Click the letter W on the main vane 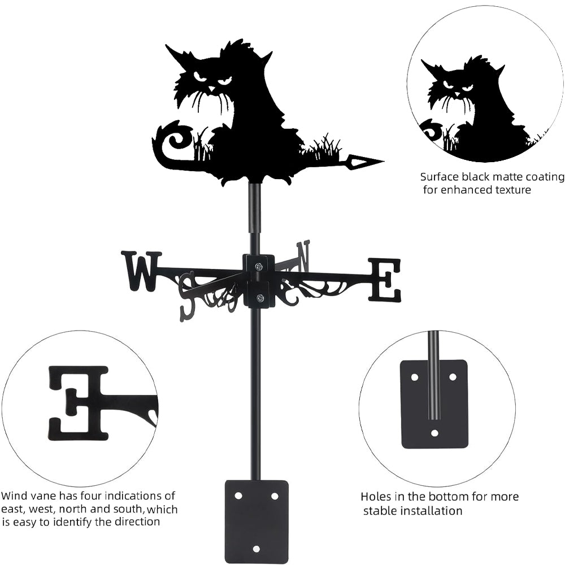(x=141, y=271)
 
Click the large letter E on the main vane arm (x=385, y=280)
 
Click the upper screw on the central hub (x=258, y=266)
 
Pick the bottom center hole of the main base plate (x=256, y=549)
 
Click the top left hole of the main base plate (x=238, y=496)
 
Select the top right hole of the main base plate (x=275, y=496)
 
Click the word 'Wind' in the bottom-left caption (x=15, y=496)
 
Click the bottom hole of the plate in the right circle (x=434, y=433)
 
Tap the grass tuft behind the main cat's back (x=322, y=149)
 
